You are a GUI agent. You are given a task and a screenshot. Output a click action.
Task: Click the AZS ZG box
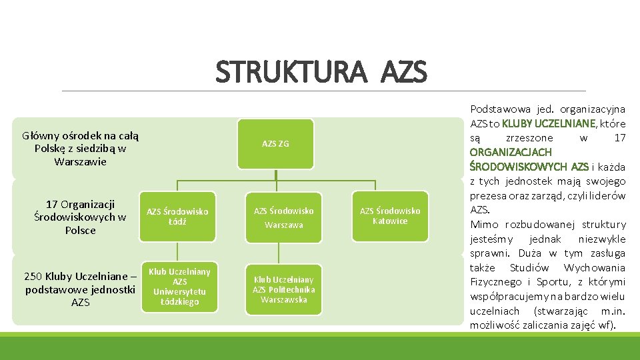[x=275, y=143]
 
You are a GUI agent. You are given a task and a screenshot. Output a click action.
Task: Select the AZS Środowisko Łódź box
[x=177, y=216]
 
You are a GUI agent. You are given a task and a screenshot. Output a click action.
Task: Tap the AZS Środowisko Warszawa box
[x=283, y=217]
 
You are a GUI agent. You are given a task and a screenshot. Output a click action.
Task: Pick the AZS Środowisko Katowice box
[x=390, y=216]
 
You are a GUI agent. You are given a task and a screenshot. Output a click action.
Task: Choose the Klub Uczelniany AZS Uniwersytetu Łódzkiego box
[x=179, y=287]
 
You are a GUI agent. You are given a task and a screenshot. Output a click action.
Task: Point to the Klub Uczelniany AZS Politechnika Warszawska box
[x=283, y=289]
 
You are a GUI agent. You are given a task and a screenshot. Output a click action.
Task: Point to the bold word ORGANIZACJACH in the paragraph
[x=511, y=152]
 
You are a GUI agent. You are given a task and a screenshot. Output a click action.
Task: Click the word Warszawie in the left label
[x=80, y=161]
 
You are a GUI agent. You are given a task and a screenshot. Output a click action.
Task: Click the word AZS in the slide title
[x=404, y=72]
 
